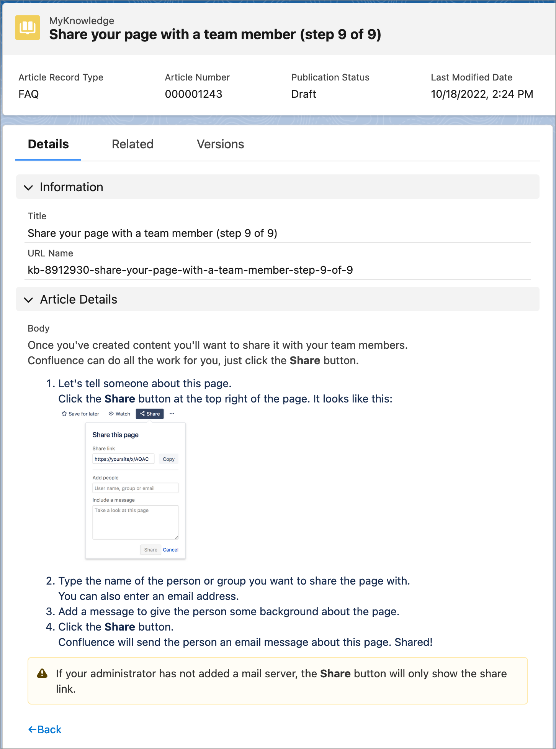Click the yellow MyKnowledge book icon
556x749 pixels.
click(x=28, y=28)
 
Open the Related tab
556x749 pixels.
click(x=132, y=144)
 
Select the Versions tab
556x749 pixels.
click(x=220, y=144)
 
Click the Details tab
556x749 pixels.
click(x=48, y=144)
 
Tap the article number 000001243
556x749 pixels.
click(x=193, y=94)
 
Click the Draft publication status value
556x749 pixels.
click(x=304, y=94)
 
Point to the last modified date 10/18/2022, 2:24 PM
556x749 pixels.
click(x=482, y=94)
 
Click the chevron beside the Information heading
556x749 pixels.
click(x=28, y=187)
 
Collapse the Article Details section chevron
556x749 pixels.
click(x=28, y=300)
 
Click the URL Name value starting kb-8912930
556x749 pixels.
click(x=190, y=270)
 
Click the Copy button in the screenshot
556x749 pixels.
click(x=168, y=459)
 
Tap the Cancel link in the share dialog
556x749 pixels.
click(x=170, y=550)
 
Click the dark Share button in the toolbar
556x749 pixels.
click(x=150, y=414)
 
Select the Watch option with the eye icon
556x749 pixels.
click(x=119, y=414)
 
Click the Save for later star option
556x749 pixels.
click(x=80, y=414)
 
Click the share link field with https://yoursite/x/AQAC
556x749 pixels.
click(x=123, y=459)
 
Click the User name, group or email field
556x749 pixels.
click(x=135, y=488)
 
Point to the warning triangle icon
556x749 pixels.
click(x=42, y=673)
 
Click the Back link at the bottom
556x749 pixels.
click(x=45, y=729)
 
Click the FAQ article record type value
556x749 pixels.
click(x=29, y=94)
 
